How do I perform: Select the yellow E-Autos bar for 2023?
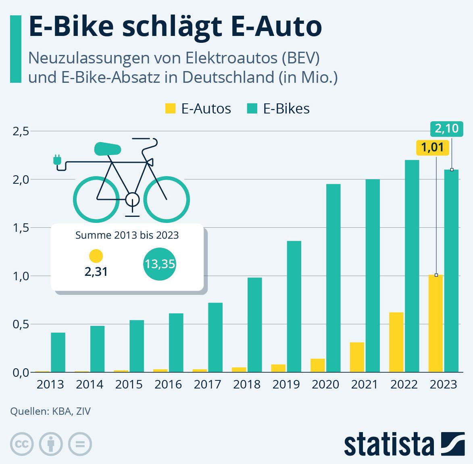pyautogui.click(x=435, y=323)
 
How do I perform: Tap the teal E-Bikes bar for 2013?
pyautogui.click(x=58, y=352)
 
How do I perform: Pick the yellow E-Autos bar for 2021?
pyautogui.click(x=357, y=357)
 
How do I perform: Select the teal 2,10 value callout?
pyautogui.click(x=447, y=129)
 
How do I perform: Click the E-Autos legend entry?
pyautogui.click(x=198, y=109)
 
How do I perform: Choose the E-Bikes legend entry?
pyautogui.click(x=278, y=109)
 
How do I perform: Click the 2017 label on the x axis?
pyautogui.click(x=207, y=384)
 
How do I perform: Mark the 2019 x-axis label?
pyautogui.click(x=286, y=384)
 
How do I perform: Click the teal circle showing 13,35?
pyautogui.click(x=160, y=264)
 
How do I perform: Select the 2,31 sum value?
pyautogui.click(x=96, y=271)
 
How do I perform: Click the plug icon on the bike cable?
pyautogui.click(x=57, y=160)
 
